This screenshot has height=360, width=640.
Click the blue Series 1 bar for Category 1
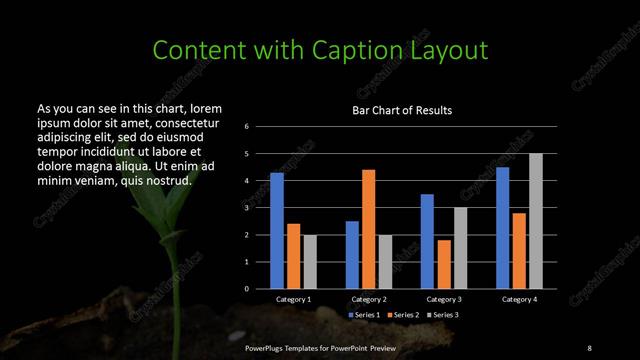[x=277, y=230]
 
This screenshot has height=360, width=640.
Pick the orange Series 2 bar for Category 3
[x=444, y=263]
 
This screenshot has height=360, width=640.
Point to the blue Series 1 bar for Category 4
[x=503, y=227]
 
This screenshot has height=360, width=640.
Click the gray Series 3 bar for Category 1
[x=309, y=261]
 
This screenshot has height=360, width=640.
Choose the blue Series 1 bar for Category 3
[x=427, y=240]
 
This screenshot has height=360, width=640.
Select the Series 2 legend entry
[x=404, y=315]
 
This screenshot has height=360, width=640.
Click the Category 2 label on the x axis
[x=369, y=300]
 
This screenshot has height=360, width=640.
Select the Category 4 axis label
[x=520, y=300]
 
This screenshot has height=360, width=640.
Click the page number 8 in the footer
[x=589, y=347]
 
